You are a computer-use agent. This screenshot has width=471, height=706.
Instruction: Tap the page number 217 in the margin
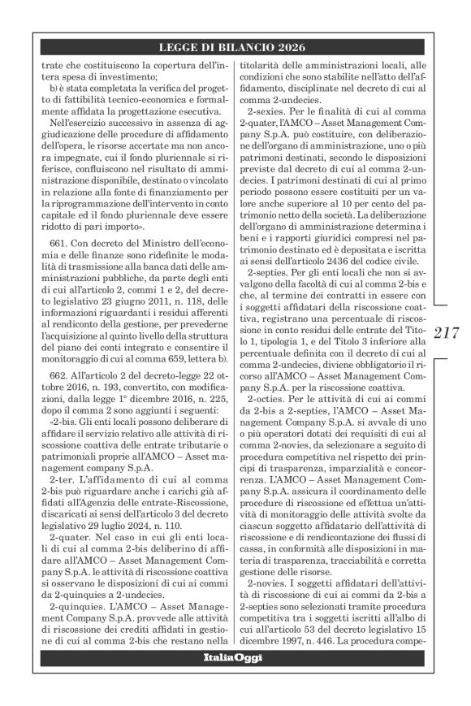pyautogui.click(x=447, y=332)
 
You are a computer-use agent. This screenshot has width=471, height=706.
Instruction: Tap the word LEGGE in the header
pyautogui.click(x=179, y=48)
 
